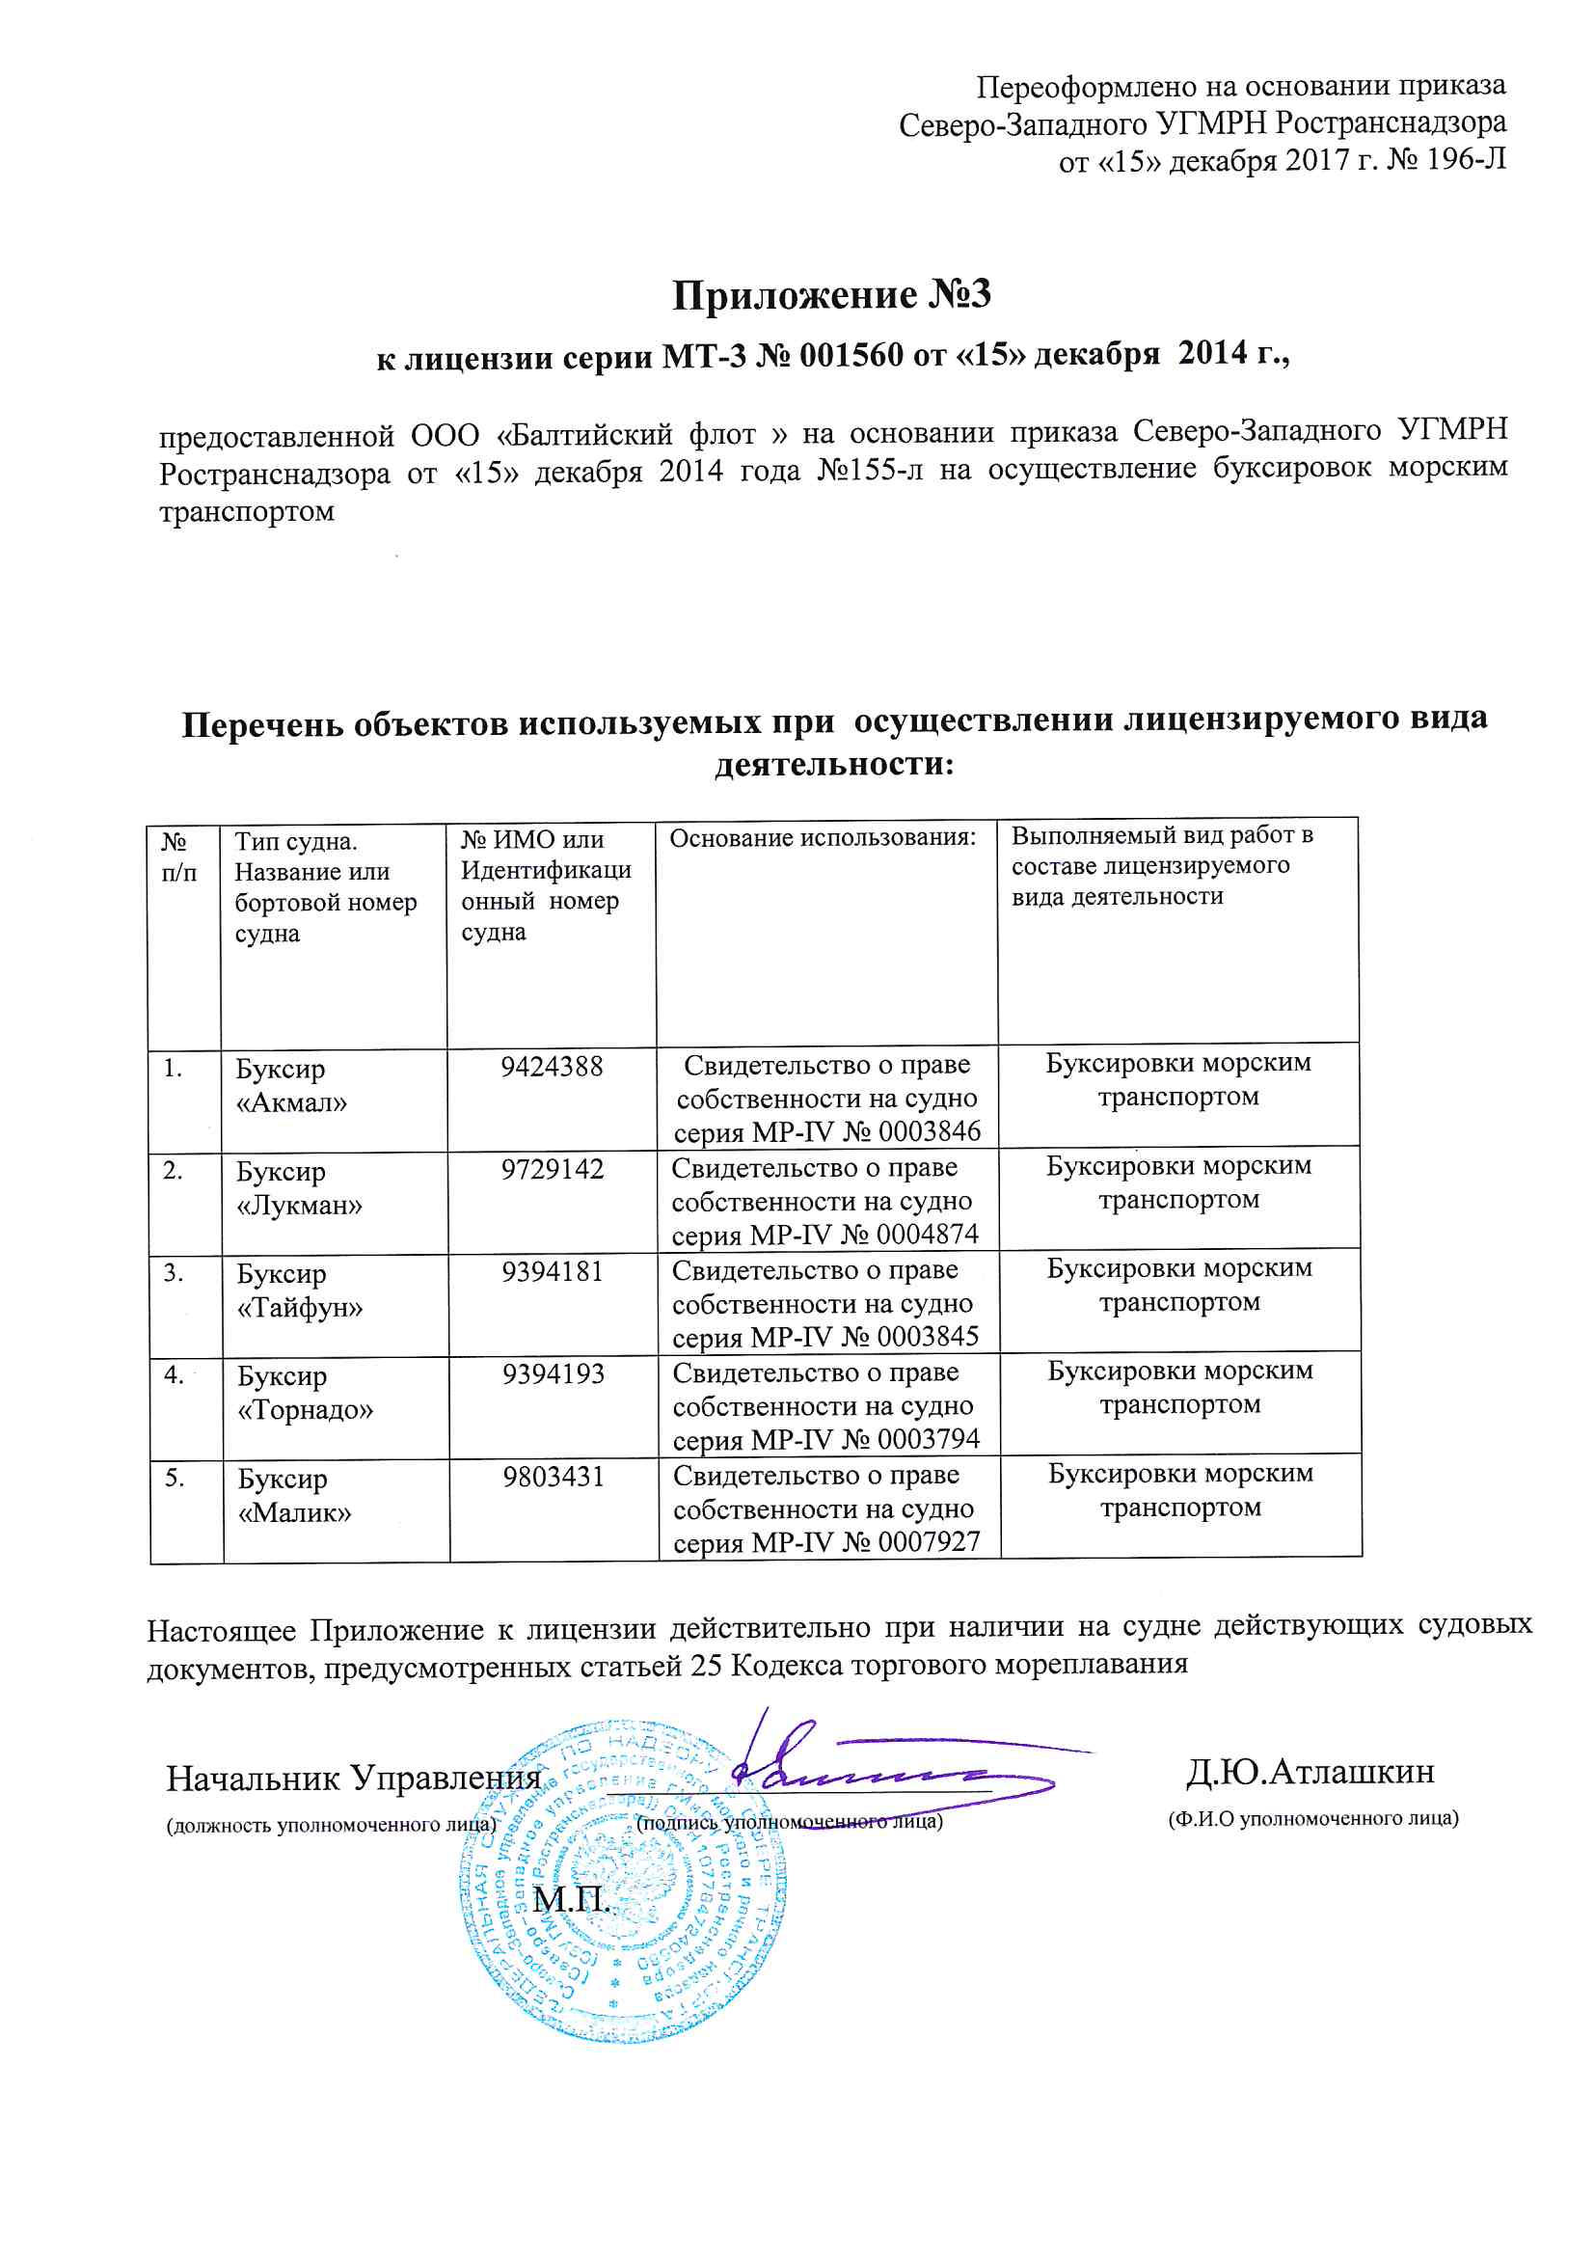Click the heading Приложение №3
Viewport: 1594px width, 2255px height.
click(831, 294)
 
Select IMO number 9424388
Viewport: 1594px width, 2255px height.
click(551, 1068)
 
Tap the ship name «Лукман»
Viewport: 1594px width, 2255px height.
click(300, 1205)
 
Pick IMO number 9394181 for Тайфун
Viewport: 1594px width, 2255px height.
click(552, 1272)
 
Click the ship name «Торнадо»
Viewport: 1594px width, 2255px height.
click(306, 1410)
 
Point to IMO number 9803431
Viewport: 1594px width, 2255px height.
click(553, 1478)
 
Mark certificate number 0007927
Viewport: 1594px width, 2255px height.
click(929, 1542)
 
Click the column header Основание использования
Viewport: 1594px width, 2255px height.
click(823, 838)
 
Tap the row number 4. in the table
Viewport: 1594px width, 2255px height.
click(174, 1376)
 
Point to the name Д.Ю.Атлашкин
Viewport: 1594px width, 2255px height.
click(1310, 1772)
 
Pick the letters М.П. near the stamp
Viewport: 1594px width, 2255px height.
click(572, 1899)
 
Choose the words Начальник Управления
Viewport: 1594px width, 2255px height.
click(354, 1779)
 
